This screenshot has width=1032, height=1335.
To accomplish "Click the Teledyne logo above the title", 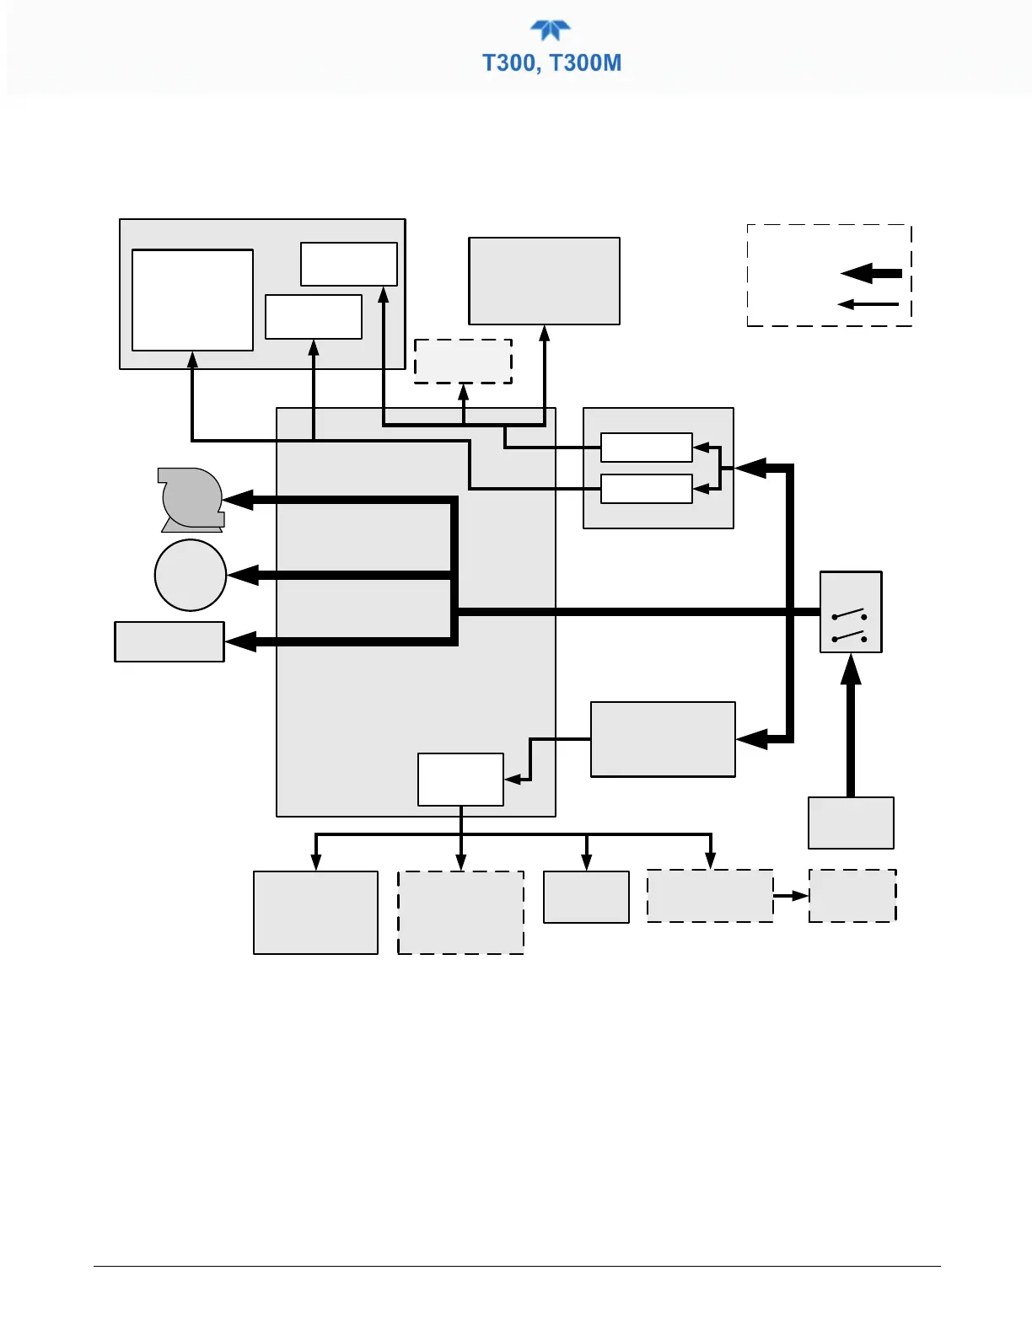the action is point(551,30).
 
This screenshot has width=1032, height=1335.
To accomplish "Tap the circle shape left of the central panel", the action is point(191,575).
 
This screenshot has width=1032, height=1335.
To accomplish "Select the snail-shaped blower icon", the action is point(191,500).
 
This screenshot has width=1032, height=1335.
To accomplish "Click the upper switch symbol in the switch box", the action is point(850,614).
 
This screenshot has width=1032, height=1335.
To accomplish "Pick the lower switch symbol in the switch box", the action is point(850,635).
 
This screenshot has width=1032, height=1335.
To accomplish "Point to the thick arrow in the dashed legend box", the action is point(872,273).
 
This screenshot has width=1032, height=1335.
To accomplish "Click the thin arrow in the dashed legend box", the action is point(868,304).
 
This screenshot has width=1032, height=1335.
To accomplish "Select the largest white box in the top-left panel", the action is point(192,300).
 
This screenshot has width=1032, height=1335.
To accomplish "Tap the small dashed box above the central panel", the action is point(463,362).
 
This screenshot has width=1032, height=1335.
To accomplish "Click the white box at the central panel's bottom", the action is point(460,780).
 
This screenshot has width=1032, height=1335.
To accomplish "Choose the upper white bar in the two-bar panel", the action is point(647,448).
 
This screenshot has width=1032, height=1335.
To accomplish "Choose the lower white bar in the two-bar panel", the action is point(647,489).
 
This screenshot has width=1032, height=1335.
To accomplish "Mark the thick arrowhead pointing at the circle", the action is point(243,576).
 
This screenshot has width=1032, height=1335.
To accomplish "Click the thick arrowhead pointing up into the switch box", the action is point(851,670).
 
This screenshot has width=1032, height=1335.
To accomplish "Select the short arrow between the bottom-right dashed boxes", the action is point(791,896).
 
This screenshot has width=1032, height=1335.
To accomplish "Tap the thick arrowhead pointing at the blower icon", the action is point(239,500).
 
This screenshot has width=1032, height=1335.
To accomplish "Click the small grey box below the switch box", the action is point(851,823).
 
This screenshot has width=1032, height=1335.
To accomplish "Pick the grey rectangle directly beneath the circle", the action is point(169,642).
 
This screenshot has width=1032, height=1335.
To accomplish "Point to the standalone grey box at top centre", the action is point(544,281).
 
